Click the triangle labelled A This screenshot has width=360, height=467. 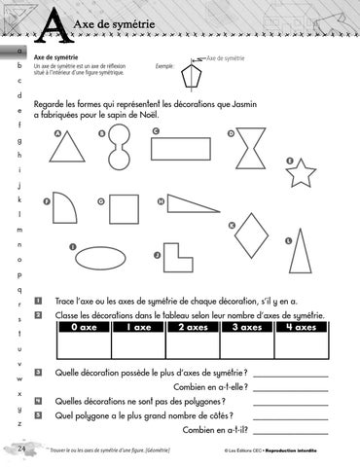coord(68,147)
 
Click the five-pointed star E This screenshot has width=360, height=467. coord(302,173)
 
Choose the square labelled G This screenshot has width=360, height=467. coord(124,209)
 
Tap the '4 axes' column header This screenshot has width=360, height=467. coord(303,328)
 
